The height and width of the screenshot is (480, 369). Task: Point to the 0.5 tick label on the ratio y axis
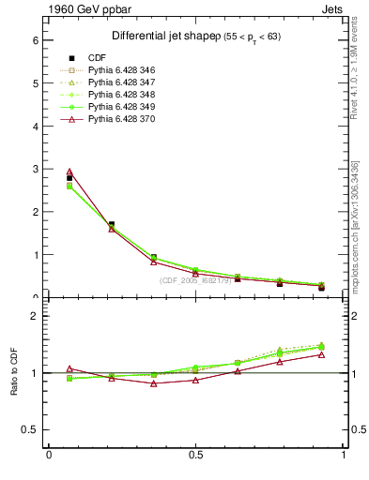pos(30,429)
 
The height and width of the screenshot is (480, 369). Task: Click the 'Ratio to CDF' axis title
pos(14,372)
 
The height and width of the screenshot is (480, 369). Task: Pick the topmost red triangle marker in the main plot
pos(69,172)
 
